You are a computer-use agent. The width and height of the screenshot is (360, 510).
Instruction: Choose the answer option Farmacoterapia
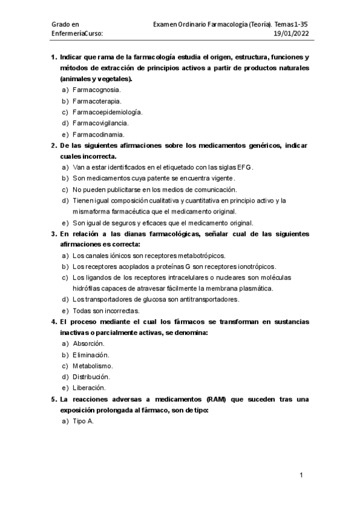pyautogui.click(x=96, y=100)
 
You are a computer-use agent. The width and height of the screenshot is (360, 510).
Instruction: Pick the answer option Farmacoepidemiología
pyautogui.click(x=107, y=112)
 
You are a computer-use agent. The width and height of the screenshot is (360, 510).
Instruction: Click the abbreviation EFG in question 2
pyautogui.click(x=245, y=167)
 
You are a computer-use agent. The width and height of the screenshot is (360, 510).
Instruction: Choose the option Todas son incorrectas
pyautogui.click(x=105, y=311)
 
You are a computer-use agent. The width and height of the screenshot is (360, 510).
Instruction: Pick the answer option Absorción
pyautogui.click(x=88, y=343)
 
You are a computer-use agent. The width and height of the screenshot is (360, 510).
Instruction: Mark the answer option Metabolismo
pyautogui.click(x=93, y=366)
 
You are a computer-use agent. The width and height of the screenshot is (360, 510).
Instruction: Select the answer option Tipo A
pyautogui.click(x=82, y=421)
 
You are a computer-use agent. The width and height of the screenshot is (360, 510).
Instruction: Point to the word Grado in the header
pyautogui.click(x=61, y=23)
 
